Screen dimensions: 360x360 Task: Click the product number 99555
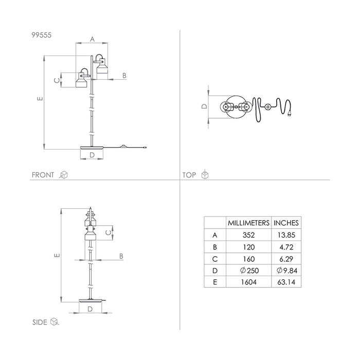pyautogui.click(x=41, y=35)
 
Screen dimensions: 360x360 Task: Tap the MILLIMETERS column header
pyautogui.click(x=248, y=223)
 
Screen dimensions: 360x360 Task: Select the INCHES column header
pyautogui.click(x=286, y=223)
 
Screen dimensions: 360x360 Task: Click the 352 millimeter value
pyautogui.click(x=248, y=235)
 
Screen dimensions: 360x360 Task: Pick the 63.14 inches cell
pyautogui.click(x=286, y=282)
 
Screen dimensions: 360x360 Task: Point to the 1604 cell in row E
pyautogui.click(x=248, y=282)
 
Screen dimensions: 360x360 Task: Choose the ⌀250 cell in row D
pyautogui.click(x=249, y=271)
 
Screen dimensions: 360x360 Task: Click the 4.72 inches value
pyautogui.click(x=286, y=247)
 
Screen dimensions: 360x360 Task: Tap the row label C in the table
pyautogui.click(x=215, y=259)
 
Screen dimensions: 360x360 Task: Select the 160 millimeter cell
pyautogui.click(x=248, y=259)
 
